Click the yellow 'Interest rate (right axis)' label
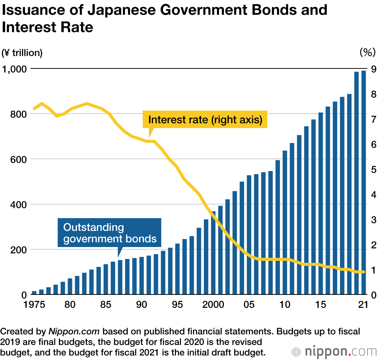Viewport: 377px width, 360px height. (205, 120)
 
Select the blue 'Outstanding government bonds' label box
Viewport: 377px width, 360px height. (109, 233)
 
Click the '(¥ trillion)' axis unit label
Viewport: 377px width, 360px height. (22, 53)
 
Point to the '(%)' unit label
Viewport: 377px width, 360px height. (367, 53)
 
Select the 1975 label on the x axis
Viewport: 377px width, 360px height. (34, 305)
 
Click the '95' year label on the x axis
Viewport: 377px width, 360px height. (177, 305)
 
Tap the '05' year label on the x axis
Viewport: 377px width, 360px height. (249, 305)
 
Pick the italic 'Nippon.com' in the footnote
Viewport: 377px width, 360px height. (74, 332)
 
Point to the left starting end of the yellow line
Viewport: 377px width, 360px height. (34, 109)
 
